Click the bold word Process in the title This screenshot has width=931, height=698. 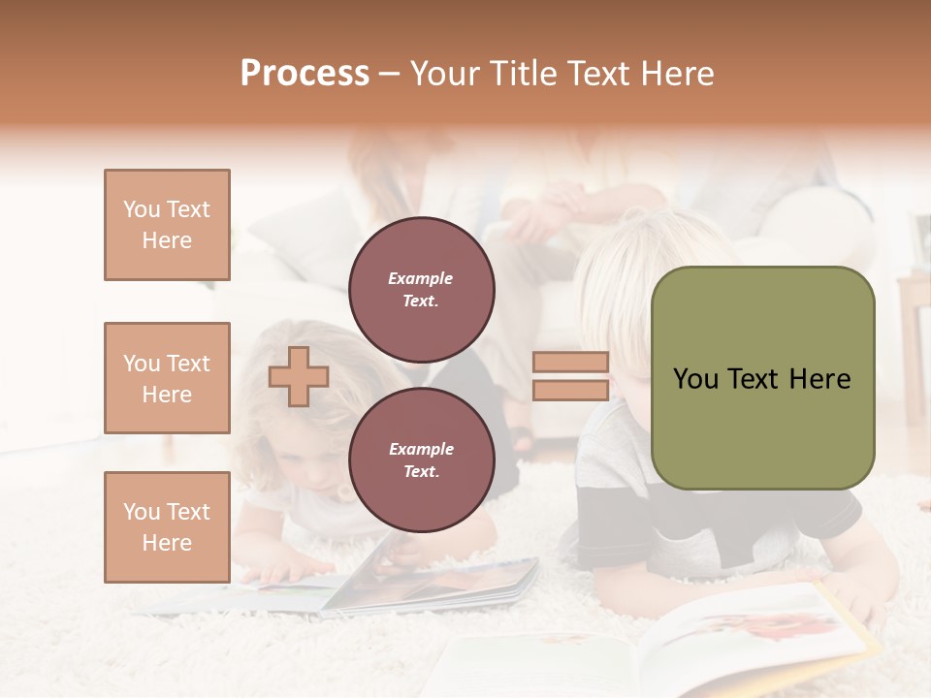pyautogui.click(x=305, y=74)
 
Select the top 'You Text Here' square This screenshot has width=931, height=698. pyautogui.click(x=167, y=225)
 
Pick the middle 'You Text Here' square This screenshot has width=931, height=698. pyautogui.click(x=167, y=378)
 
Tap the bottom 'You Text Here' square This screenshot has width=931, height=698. pyautogui.click(x=167, y=527)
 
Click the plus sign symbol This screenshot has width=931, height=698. pyautogui.click(x=298, y=377)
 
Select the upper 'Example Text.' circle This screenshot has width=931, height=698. pyautogui.click(x=421, y=290)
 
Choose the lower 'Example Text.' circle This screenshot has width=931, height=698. pyautogui.click(x=421, y=460)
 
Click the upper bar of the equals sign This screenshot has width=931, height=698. pyautogui.click(x=571, y=363)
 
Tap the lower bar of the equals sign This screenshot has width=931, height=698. pyautogui.click(x=571, y=391)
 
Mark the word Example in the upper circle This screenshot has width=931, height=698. pyautogui.click(x=421, y=278)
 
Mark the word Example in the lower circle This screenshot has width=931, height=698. pyautogui.click(x=421, y=449)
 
